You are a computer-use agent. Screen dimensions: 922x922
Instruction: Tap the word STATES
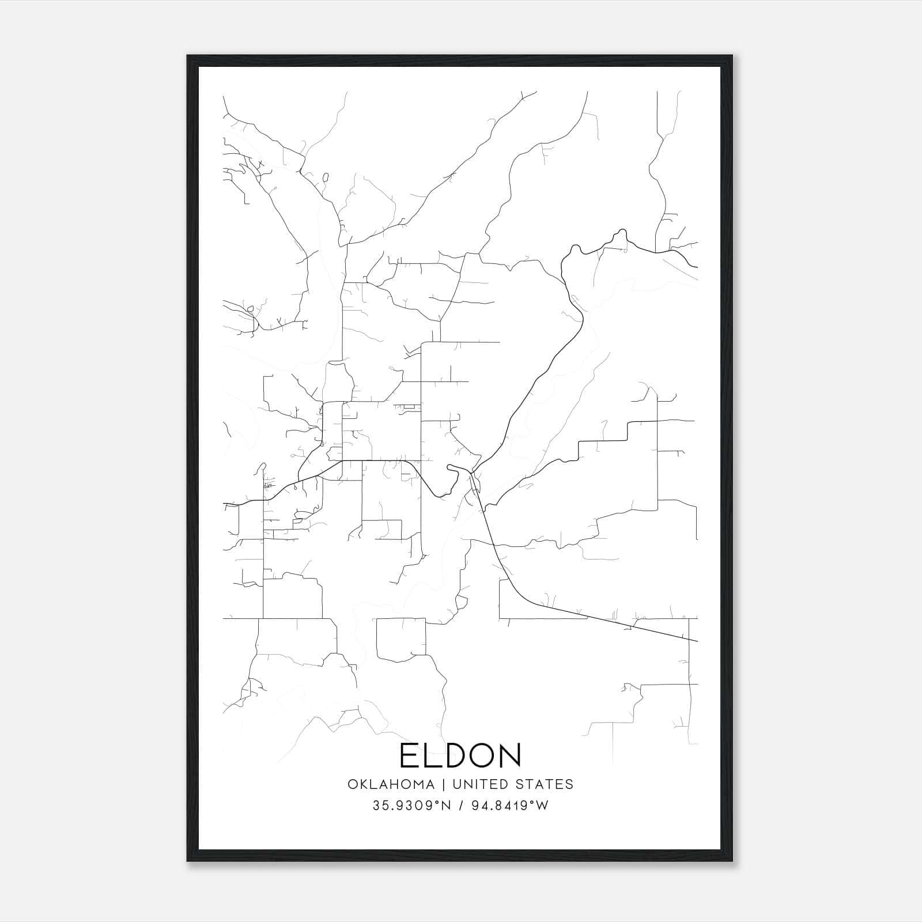[x=545, y=784]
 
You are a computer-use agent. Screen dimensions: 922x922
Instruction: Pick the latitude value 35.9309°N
[x=410, y=806]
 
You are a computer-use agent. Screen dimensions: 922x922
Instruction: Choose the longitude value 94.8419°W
[x=510, y=806]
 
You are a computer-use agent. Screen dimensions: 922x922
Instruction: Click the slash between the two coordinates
[x=460, y=806]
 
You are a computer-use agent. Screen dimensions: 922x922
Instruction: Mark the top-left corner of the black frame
[x=188, y=56]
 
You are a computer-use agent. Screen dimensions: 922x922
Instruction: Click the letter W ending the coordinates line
[x=542, y=806]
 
